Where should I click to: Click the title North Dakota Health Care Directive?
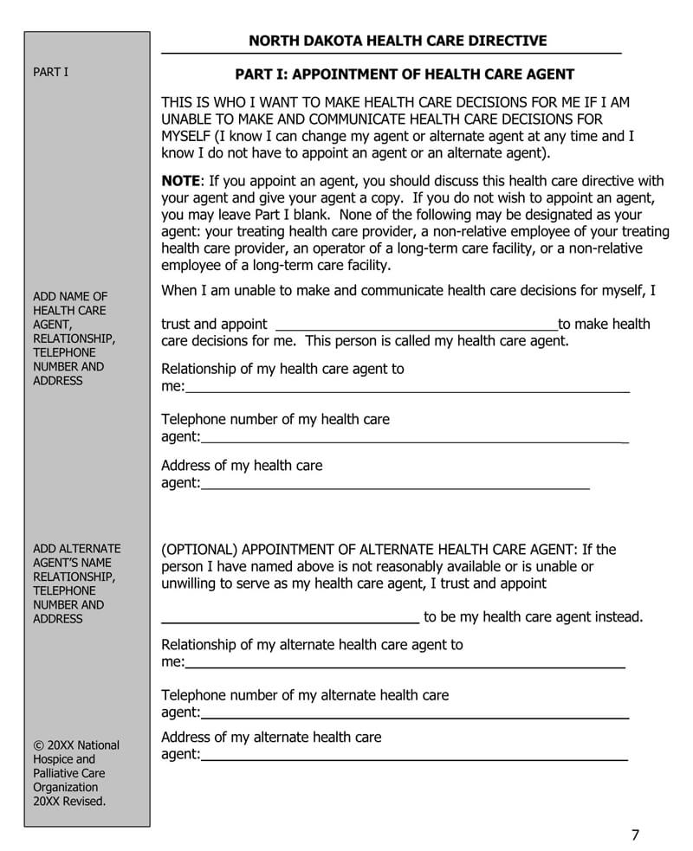click(398, 41)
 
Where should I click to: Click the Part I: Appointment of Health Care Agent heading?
click(405, 74)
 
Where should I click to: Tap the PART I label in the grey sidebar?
click(50, 72)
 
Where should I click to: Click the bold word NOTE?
click(181, 181)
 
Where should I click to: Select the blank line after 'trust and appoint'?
click(416, 326)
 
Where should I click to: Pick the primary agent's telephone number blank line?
click(414, 438)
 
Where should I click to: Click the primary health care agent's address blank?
click(395, 484)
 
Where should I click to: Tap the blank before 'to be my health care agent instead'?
click(290, 618)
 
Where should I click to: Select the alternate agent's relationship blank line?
click(405, 663)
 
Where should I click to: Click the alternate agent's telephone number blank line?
click(414, 713)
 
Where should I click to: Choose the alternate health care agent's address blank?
click(414, 756)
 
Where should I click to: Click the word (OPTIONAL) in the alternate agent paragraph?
click(199, 550)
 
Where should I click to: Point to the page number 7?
click(635, 835)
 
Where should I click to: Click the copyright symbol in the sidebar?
click(38, 745)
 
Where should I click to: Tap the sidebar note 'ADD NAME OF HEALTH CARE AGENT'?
click(70, 303)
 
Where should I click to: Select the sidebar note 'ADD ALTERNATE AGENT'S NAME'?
click(76, 556)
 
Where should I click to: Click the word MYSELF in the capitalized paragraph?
click(186, 136)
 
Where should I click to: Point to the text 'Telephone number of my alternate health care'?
click(305, 695)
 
